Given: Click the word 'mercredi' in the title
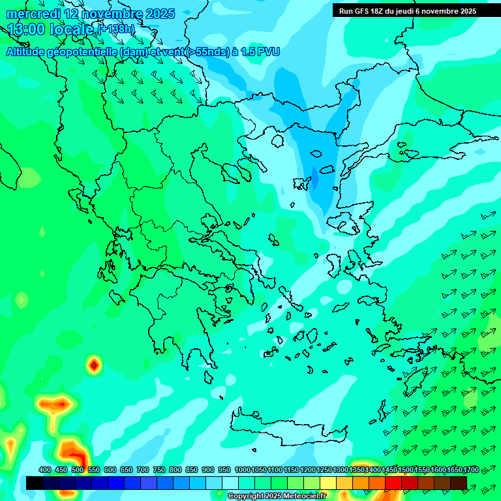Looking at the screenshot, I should (x=33, y=14).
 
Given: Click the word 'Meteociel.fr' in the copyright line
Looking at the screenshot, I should (x=301, y=496).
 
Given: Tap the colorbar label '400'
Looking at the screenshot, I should (x=45, y=470).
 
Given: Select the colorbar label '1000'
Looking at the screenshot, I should (x=242, y=470).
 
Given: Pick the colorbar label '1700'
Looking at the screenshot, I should (x=471, y=470).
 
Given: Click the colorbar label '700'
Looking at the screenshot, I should (x=143, y=470).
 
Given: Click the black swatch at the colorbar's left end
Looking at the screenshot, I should (x=35, y=483).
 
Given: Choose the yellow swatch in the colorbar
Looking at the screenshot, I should (x=328, y=483).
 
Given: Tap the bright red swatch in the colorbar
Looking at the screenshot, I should (x=393, y=483).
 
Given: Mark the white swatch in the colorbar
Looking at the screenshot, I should (x=230, y=483).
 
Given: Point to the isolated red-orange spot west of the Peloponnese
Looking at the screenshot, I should (x=95, y=365).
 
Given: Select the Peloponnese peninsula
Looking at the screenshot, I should (x=176, y=326).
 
